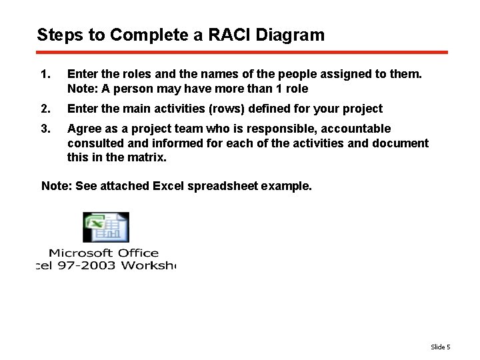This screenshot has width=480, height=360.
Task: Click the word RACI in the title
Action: [232, 35]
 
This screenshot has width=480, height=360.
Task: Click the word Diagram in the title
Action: [292, 35]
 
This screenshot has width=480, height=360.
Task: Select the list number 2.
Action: [45, 109]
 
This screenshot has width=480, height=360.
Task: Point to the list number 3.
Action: [45, 128]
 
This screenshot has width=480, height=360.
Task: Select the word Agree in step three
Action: [83, 128]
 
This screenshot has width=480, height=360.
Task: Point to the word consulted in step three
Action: [93, 143]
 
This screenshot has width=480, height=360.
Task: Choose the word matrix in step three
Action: [148, 158]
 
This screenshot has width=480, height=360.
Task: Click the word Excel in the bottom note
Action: [170, 186]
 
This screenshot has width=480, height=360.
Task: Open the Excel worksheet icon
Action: [105, 227]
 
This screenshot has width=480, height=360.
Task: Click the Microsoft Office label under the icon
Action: [103, 253]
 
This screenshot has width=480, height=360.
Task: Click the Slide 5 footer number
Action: [440, 347]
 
